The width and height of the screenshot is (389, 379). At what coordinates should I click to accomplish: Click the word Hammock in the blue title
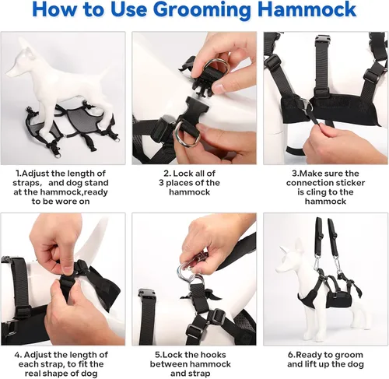tap(307, 9)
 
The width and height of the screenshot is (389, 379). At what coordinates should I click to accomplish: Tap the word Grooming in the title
tap(204, 10)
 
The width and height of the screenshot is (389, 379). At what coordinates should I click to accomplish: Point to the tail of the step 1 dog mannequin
tap(106, 73)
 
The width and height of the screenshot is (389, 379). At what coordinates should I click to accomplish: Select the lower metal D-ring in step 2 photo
tap(187, 135)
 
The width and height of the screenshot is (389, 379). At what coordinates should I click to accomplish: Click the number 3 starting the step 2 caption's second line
tap(161, 183)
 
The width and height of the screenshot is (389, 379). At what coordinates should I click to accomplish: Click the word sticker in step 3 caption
tap(349, 183)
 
